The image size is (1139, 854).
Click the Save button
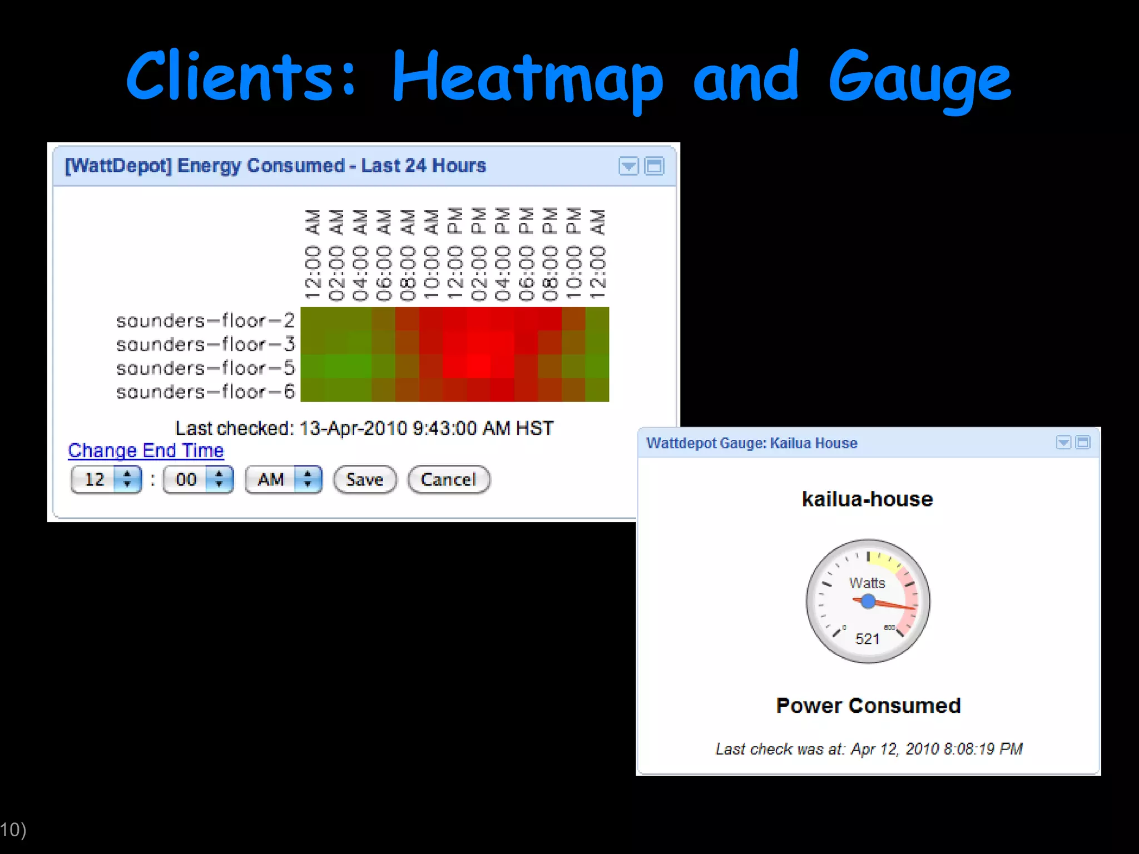click(365, 479)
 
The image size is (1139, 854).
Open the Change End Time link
click(146, 450)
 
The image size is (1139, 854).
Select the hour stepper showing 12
click(106, 479)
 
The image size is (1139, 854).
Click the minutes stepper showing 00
click(198, 479)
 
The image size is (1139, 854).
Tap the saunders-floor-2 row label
click(205, 320)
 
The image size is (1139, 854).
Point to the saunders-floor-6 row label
click(205, 392)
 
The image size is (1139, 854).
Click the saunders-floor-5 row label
click(205, 368)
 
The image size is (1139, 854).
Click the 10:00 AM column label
click(432, 255)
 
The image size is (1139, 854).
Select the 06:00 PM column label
click(526, 255)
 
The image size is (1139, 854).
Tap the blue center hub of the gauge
click(868, 601)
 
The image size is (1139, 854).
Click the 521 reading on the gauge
click(868, 639)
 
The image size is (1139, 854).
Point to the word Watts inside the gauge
click(867, 583)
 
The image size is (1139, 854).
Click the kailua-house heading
click(867, 499)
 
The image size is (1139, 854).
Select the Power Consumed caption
click(868, 706)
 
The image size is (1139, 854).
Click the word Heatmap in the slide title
click(527, 78)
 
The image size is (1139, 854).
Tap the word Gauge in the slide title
click(920, 78)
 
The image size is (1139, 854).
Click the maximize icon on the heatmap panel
click(654, 166)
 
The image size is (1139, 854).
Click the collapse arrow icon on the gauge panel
click(1063, 443)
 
